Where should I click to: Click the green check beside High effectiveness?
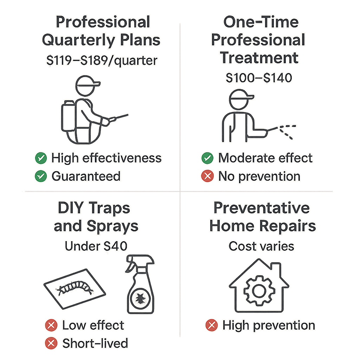[x=41, y=158]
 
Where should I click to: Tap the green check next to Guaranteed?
[x=41, y=176]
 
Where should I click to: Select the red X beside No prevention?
[x=207, y=176]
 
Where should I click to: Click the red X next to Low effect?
[x=51, y=325]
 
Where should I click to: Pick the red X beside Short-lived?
[x=51, y=343]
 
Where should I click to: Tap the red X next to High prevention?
[x=211, y=325]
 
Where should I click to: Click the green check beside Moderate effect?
[x=207, y=158]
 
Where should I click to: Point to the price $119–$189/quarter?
[x=102, y=60]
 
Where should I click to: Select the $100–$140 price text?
[x=259, y=78]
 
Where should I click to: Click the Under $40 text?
[x=96, y=246]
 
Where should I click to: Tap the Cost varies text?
[x=261, y=246]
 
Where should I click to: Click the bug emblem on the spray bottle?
[x=140, y=299]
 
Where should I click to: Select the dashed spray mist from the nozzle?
[x=288, y=132]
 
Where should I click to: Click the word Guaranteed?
[x=86, y=176]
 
